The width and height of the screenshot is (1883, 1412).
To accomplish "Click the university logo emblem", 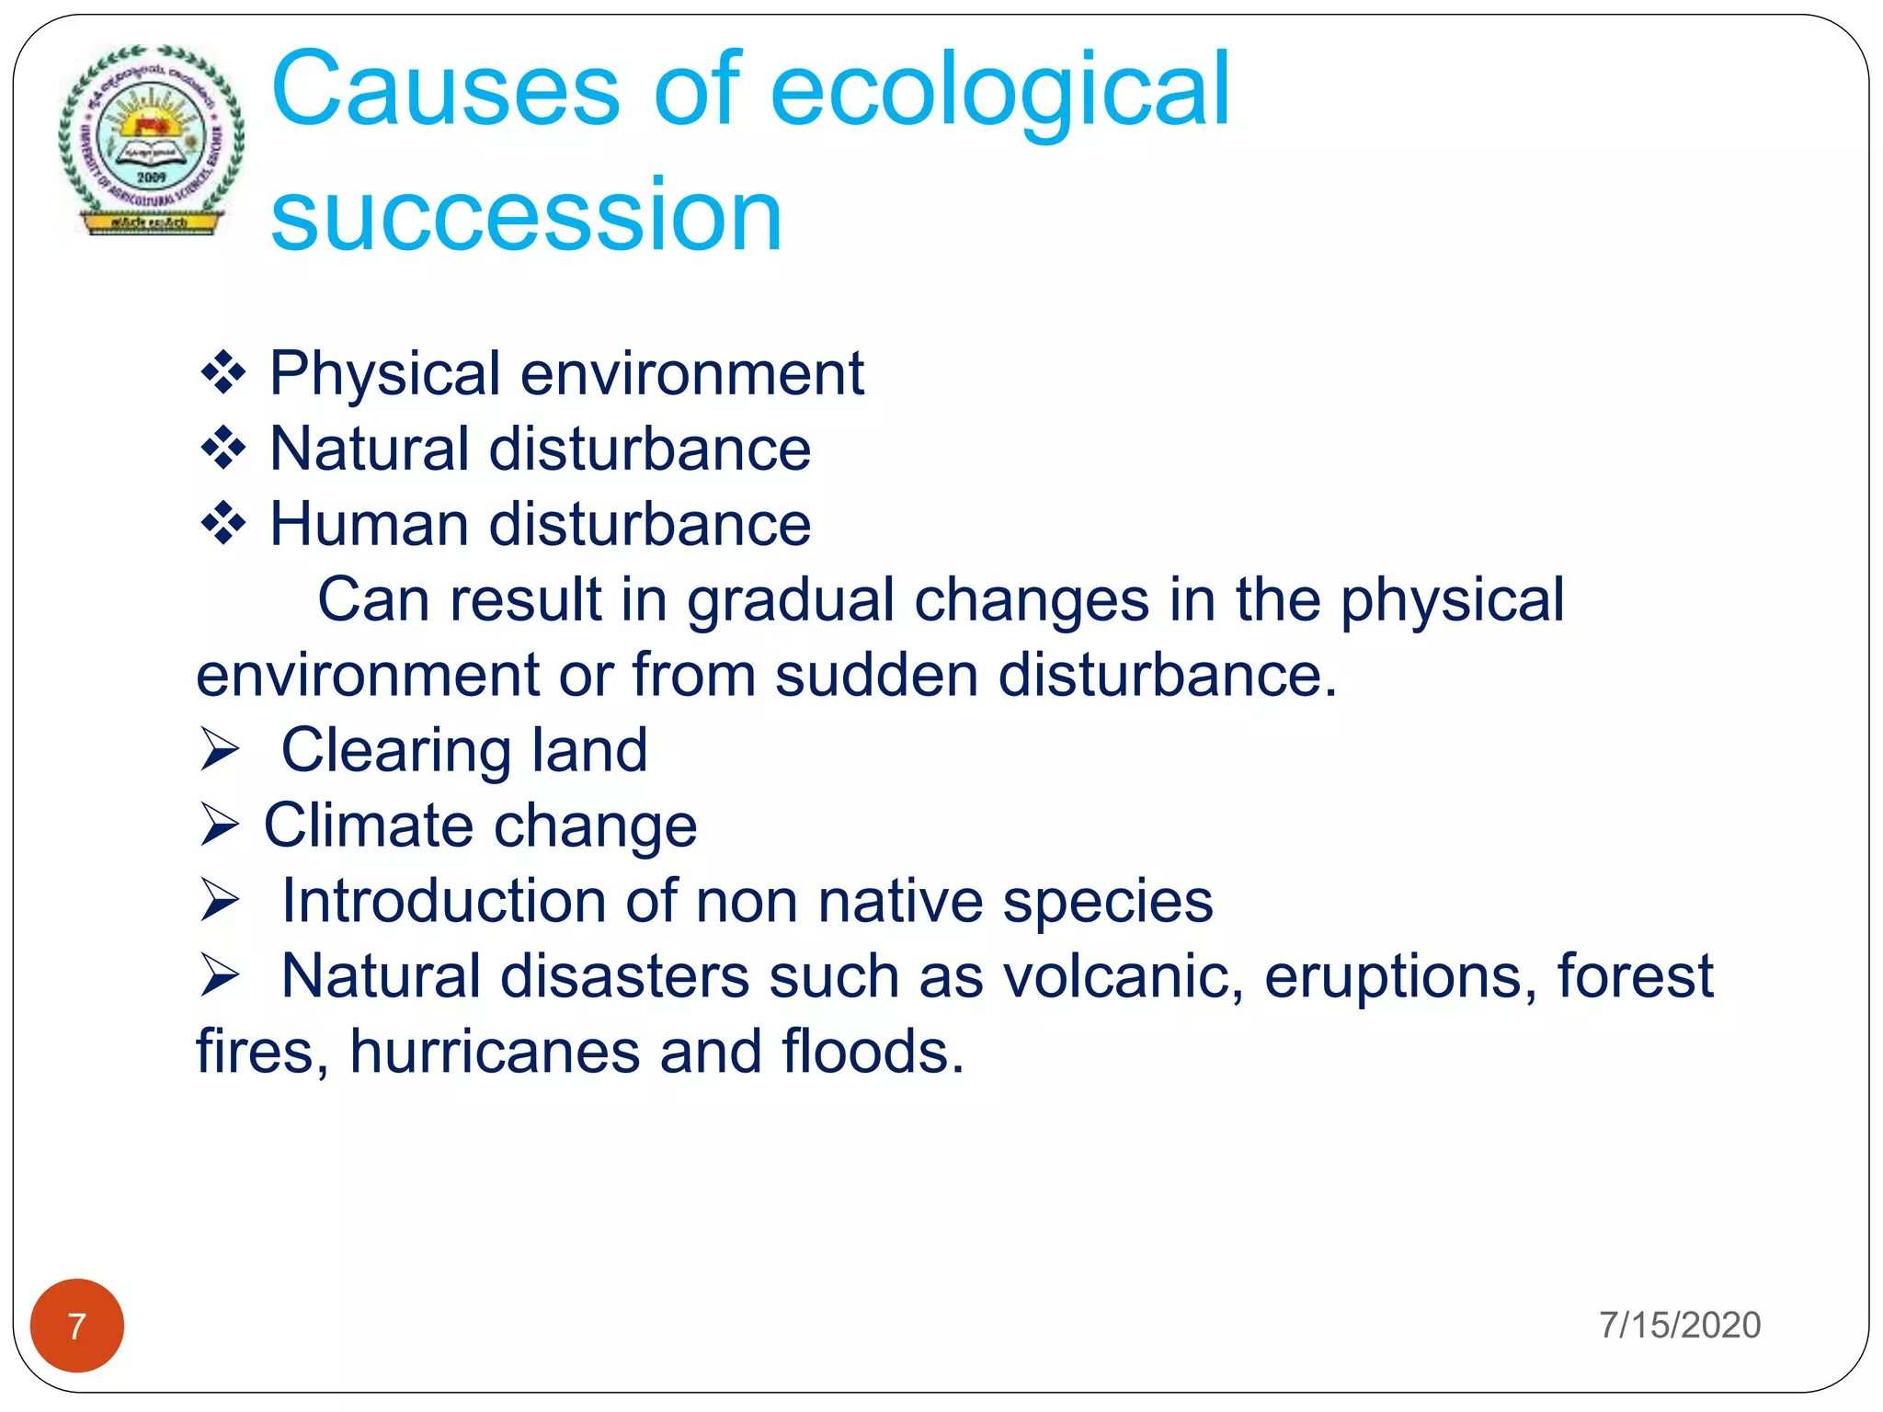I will tap(151, 140).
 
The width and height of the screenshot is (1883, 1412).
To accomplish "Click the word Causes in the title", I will tap(446, 89).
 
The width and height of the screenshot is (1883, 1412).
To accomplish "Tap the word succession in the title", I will tap(526, 215).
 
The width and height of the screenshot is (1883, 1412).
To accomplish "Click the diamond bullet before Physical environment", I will tap(223, 373).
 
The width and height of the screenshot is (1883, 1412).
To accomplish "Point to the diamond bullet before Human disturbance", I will tap(223, 524).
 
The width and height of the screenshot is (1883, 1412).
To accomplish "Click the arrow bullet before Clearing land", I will tap(221, 749).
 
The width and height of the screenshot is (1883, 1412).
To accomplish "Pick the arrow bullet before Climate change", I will tap(221, 825).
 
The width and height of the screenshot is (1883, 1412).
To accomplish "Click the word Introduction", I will tap(443, 900).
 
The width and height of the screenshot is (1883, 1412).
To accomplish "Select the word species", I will tap(1108, 902).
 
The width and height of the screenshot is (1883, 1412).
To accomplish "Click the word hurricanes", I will tap(495, 1051).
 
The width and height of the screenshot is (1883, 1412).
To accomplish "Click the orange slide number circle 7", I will tap(77, 1326).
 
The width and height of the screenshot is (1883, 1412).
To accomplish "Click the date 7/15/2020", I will tap(1680, 1325).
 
